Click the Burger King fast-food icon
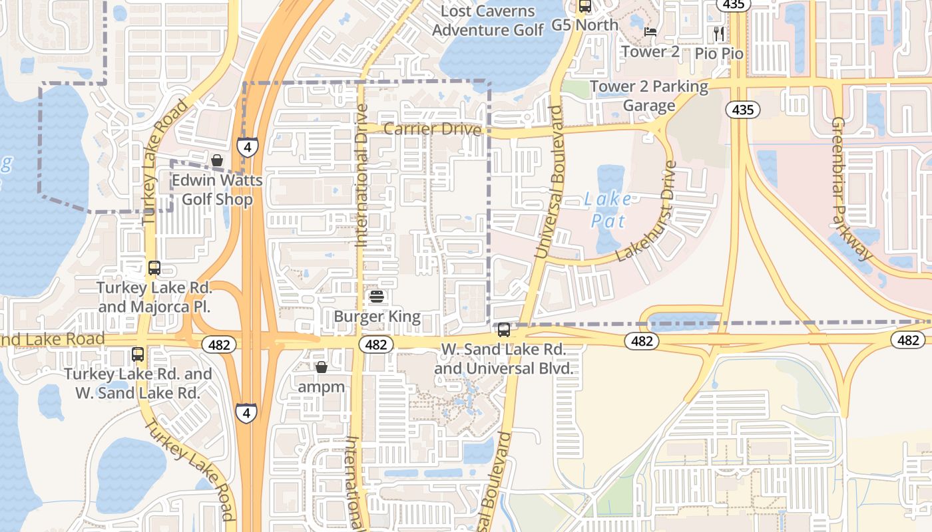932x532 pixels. pyautogui.click(x=377, y=296)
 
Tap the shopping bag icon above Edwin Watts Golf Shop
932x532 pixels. pyautogui.click(x=217, y=160)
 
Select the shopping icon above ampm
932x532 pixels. pyautogui.click(x=322, y=367)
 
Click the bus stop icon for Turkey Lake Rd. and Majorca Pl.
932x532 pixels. pyautogui.click(x=154, y=268)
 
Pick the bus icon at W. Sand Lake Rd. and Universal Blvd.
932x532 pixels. pyautogui.click(x=504, y=329)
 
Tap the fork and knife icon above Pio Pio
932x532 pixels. pyautogui.click(x=718, y=33)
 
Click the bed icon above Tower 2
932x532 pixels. pyautogui.click(x=650, y=31)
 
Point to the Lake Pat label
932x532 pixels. pyautogui.click(x=608, y=209)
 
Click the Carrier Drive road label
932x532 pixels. pyautogui.click(x=432, y=129)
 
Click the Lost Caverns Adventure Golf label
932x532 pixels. pyautogui.click(x=488, y=21)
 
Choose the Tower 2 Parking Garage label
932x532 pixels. pyautogui.click(x=649, y=96)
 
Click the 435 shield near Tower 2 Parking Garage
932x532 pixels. pyautogui.click(x=742, y=110)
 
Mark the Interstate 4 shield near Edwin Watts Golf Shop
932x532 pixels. pyautogui.click(x=248, y=146)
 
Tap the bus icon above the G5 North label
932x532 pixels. pyautogui.click(x=585, y=6)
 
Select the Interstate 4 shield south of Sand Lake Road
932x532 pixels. pyautogui.click(x=246, y=412)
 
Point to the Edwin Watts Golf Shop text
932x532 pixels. pyautogui.click(x=217, y=190)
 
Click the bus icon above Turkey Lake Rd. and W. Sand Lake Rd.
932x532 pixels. pyautogui.click(x=138, y=354)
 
